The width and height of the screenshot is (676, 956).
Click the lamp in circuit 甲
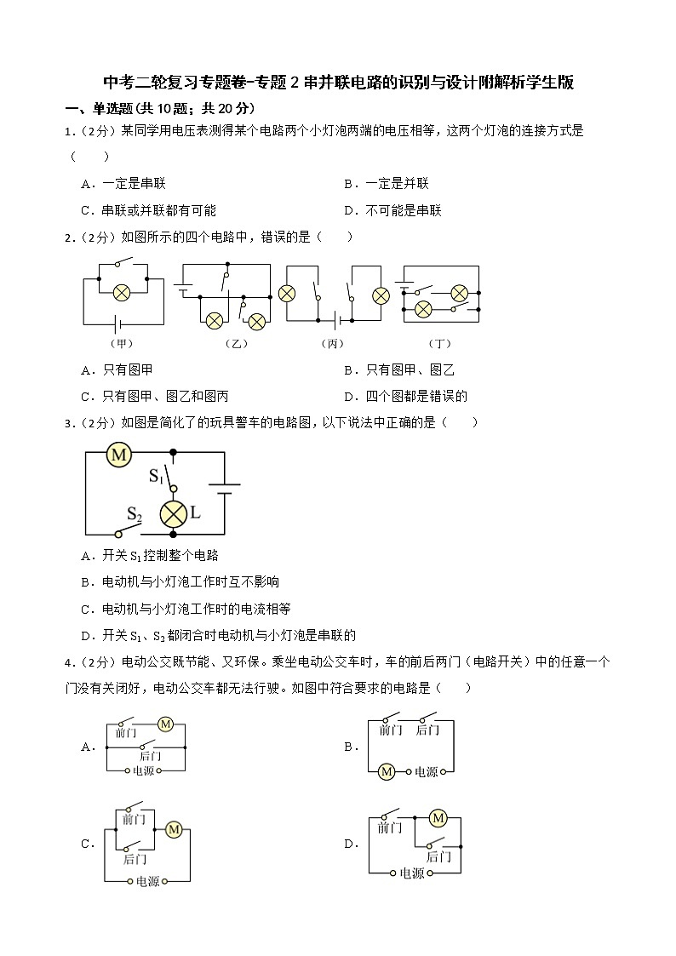[x=123, y=291]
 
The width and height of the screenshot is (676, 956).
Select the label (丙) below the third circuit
[x=332, y=344]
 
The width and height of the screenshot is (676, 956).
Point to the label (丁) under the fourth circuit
[x=439, y=344]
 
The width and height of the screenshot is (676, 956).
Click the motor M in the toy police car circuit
[x=119, y=455]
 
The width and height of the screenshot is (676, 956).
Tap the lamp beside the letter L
[x=174, y=513]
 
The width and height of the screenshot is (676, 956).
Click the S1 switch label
[x=156, y=475]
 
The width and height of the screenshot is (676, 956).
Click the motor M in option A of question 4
[x=166, y=724]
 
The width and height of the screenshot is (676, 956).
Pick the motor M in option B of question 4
[x=387, y=771]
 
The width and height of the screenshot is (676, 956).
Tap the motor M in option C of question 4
[x=175, y=828]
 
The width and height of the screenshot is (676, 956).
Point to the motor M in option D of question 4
[x=438, y=818]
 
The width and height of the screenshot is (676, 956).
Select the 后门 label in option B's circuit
[x=427, y=730]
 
